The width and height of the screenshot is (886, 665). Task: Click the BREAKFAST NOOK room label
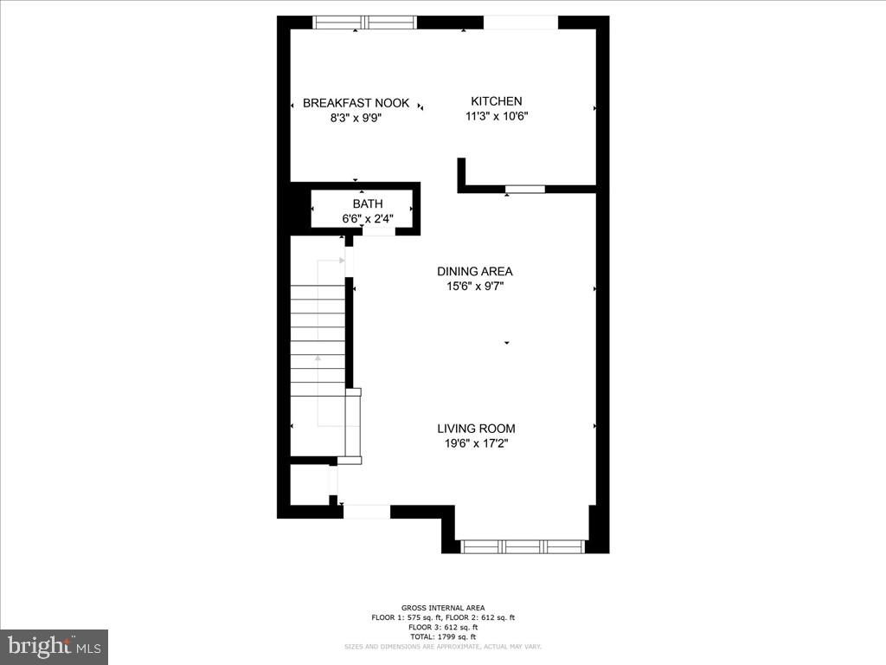[356, 103]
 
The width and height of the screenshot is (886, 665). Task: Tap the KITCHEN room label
[496, 101]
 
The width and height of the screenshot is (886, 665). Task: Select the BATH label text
[367, 204]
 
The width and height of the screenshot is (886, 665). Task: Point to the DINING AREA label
[474, 271]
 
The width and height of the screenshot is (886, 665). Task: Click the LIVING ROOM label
[476, 428]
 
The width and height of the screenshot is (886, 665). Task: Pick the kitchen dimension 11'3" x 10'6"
[497, 116]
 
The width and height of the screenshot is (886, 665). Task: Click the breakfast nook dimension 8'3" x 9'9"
[356, 118]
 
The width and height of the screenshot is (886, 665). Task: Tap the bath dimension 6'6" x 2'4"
[368, 219]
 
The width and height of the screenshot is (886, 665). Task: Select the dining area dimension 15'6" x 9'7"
[475, 286]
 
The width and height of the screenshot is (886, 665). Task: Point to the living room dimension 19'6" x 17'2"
[476, 443]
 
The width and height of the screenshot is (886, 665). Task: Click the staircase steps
[318, 342]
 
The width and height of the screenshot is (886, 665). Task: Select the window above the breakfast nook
[364, 23]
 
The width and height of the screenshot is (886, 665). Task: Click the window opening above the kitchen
[520, 23]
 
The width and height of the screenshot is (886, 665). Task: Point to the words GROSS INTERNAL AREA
[443, 608]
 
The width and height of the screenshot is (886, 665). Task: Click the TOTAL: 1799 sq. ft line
[443, 636]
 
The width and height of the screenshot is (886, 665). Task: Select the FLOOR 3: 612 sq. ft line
[443, 626]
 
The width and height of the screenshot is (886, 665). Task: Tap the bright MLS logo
[54, 646]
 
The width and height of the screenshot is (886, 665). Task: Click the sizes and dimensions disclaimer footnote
[443, 646]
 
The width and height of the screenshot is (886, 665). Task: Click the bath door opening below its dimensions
[379, 231]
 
